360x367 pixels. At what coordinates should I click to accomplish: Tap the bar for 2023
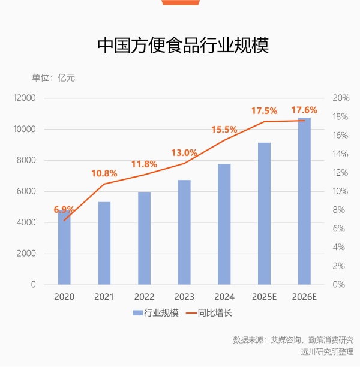pyautogui.click(x=184, y=234)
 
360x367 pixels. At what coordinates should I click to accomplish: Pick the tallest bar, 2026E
pyautogui.click(x=304, y=204)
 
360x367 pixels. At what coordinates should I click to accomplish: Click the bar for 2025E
pyautogui.click(x=264, y=216)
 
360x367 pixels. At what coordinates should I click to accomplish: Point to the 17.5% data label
pyautogui.click(x=264, y=111)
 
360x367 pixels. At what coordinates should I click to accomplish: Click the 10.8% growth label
pyautogui.click(x=104, y=173)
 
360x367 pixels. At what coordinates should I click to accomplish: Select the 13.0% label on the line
pyautogui.click(x=184, y=152)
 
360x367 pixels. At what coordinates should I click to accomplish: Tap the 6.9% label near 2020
pyautogui.click(x=64, y=210)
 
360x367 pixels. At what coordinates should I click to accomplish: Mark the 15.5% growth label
pyautogui.click(x=224, y=130)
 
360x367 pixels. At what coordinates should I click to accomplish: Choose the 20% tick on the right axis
pyautogui.click(x=341, y=98)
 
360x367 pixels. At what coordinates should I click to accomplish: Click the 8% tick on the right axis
pyautogui.click(x=339, y=210)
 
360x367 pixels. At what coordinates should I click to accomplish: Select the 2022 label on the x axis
pyautogui.click(x=144, y=296)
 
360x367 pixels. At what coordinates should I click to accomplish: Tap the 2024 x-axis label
pyautogui.click(x=224, y=296)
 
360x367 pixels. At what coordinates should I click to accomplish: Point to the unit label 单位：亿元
pyautogui.click(x=53, y=77)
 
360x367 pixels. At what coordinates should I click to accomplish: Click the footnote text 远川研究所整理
pyautogui.click(x=327, y=352)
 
